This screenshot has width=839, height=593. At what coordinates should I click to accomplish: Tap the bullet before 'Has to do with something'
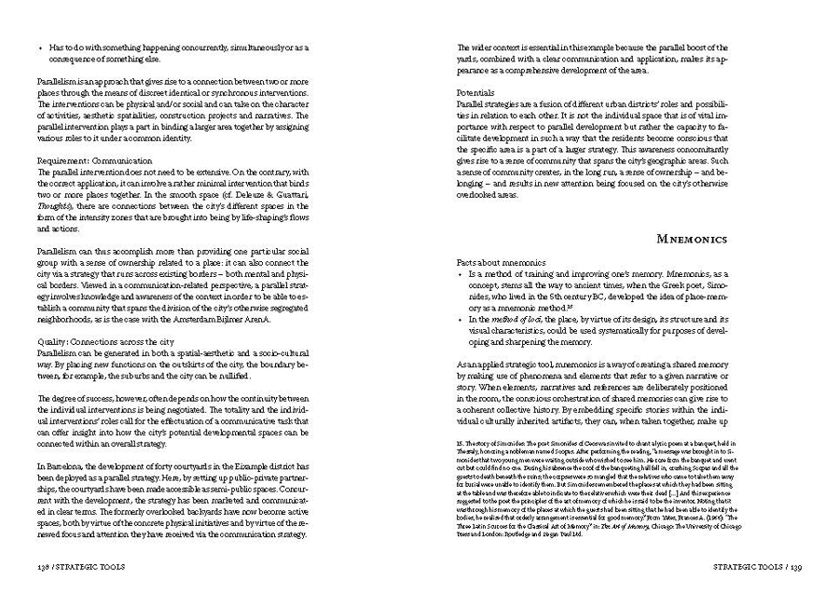click(x=42, y=47)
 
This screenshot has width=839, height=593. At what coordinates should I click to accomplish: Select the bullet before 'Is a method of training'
click(x=460, y=276)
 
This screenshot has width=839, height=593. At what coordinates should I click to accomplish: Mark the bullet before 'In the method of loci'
click(x=460, y=318)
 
